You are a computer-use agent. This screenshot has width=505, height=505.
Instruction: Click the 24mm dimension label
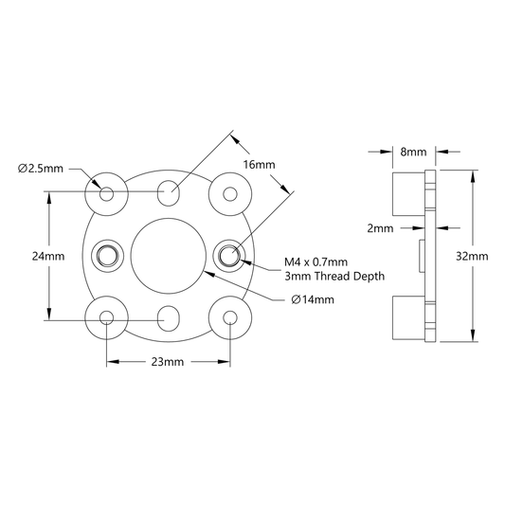(48, 256)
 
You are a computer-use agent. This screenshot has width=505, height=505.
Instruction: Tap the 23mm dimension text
(168, 362)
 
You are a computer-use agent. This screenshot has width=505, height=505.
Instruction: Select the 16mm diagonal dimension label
(259, 165)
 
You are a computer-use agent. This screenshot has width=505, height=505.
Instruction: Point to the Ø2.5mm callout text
(41, 169)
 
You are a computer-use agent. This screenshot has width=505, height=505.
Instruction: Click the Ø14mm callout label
(313, 299)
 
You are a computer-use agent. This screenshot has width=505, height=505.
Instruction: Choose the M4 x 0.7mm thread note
(316, 262)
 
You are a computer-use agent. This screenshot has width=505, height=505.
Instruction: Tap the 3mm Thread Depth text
(334, 276)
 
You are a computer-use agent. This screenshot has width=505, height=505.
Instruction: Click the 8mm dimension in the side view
(413, 152)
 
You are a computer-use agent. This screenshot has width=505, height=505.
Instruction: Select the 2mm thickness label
(380, 228)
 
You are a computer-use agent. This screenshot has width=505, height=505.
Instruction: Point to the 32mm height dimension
(472, 256)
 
